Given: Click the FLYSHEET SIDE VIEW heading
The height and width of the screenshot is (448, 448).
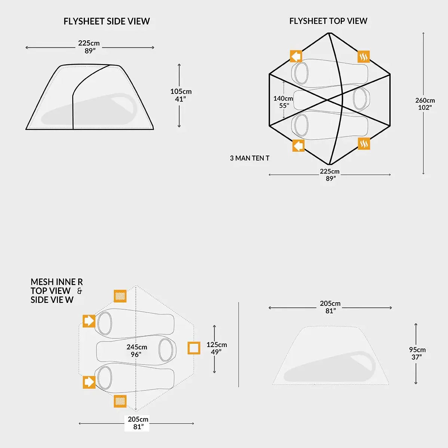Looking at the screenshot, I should pyautogui.click(x=107, y=21).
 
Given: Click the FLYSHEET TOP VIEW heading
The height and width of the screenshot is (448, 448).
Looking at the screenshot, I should pyautogui.click(x=328, y=21).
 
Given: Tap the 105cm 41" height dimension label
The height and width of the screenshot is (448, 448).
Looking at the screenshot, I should pyautogui.click(x=181, y=95).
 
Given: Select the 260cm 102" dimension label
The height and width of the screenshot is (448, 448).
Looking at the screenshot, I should pyautogui.click(x=425, y=104).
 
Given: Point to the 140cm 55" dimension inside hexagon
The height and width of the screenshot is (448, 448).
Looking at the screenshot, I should pyautogui.click(x=283, y=102).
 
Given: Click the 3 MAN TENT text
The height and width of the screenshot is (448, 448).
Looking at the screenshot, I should pyautogui.click(x=249, y=158).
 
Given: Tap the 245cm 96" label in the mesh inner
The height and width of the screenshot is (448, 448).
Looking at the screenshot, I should pyautogui.click(x=136, y=350).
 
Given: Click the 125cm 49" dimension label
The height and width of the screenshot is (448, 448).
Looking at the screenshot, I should pyautogui.click(x=217, y=348).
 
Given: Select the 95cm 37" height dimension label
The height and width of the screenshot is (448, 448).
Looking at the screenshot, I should pyautogui.click(x=417, y=353).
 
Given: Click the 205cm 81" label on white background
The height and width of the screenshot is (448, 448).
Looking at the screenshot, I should pyautogui.click(x=138, y=423).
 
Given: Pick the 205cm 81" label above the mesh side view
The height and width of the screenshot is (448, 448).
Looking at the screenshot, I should pyautogui.click(x=330, y=307).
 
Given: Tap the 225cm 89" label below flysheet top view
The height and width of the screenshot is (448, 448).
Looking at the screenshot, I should pyautogui.click(x=330, y=175).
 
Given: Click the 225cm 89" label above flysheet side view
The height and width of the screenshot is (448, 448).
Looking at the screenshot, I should pyautogui.click(x=89, y=47).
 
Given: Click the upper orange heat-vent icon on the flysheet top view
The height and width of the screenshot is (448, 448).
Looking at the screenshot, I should pyautogui.click(x=363, y=56).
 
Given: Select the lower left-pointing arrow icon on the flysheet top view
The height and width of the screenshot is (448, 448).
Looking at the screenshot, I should pyautogui.click(x=298, y=145).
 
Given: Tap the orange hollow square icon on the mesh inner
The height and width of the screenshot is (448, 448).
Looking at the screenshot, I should pyautogui.click(x=194, y=348).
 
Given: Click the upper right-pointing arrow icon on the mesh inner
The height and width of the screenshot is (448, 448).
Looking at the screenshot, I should pyautogui.click(x=89, y=321).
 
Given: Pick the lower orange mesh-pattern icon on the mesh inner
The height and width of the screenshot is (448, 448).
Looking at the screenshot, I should pyautogui.click(x=120, y=401).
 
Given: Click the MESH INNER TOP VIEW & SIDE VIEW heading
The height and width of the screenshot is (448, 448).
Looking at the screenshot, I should pyautogui.click(x=56, y=291).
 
